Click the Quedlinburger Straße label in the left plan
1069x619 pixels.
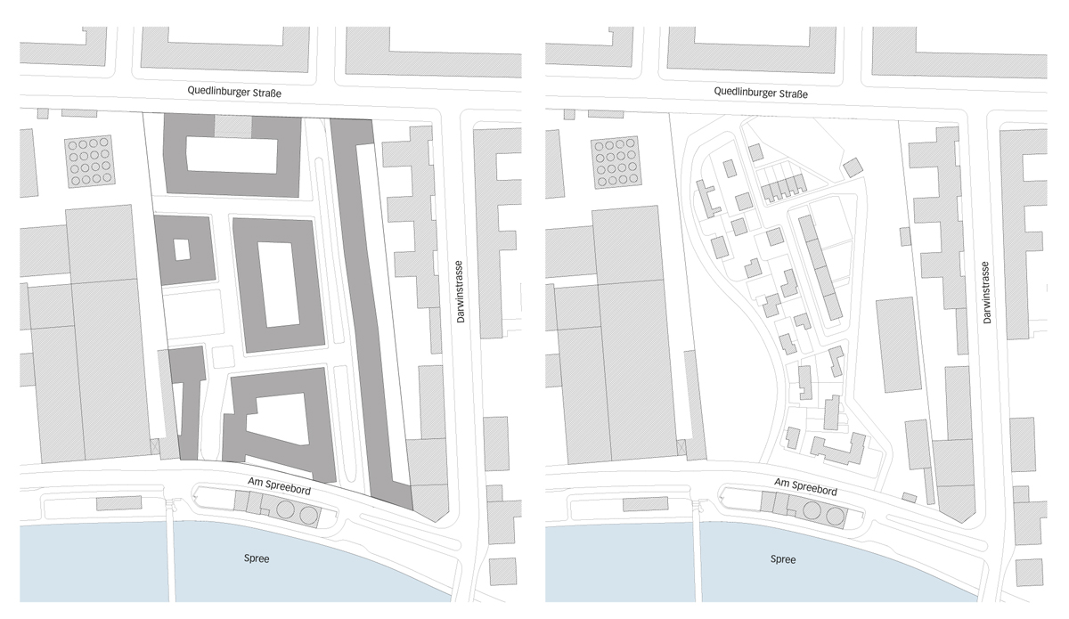click(240, 91)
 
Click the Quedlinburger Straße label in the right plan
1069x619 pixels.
click(765, 91)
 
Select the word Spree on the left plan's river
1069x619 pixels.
click(257, 559)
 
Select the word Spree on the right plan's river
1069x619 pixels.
click(783, 559)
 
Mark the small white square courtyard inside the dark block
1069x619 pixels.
click(182, 249)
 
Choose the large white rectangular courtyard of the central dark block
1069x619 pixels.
click(279, 283)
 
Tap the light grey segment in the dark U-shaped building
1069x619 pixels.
click(233, 127)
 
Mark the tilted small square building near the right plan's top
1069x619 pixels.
click(853, 167)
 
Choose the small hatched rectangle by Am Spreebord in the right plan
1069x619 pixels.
click(910, 497)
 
